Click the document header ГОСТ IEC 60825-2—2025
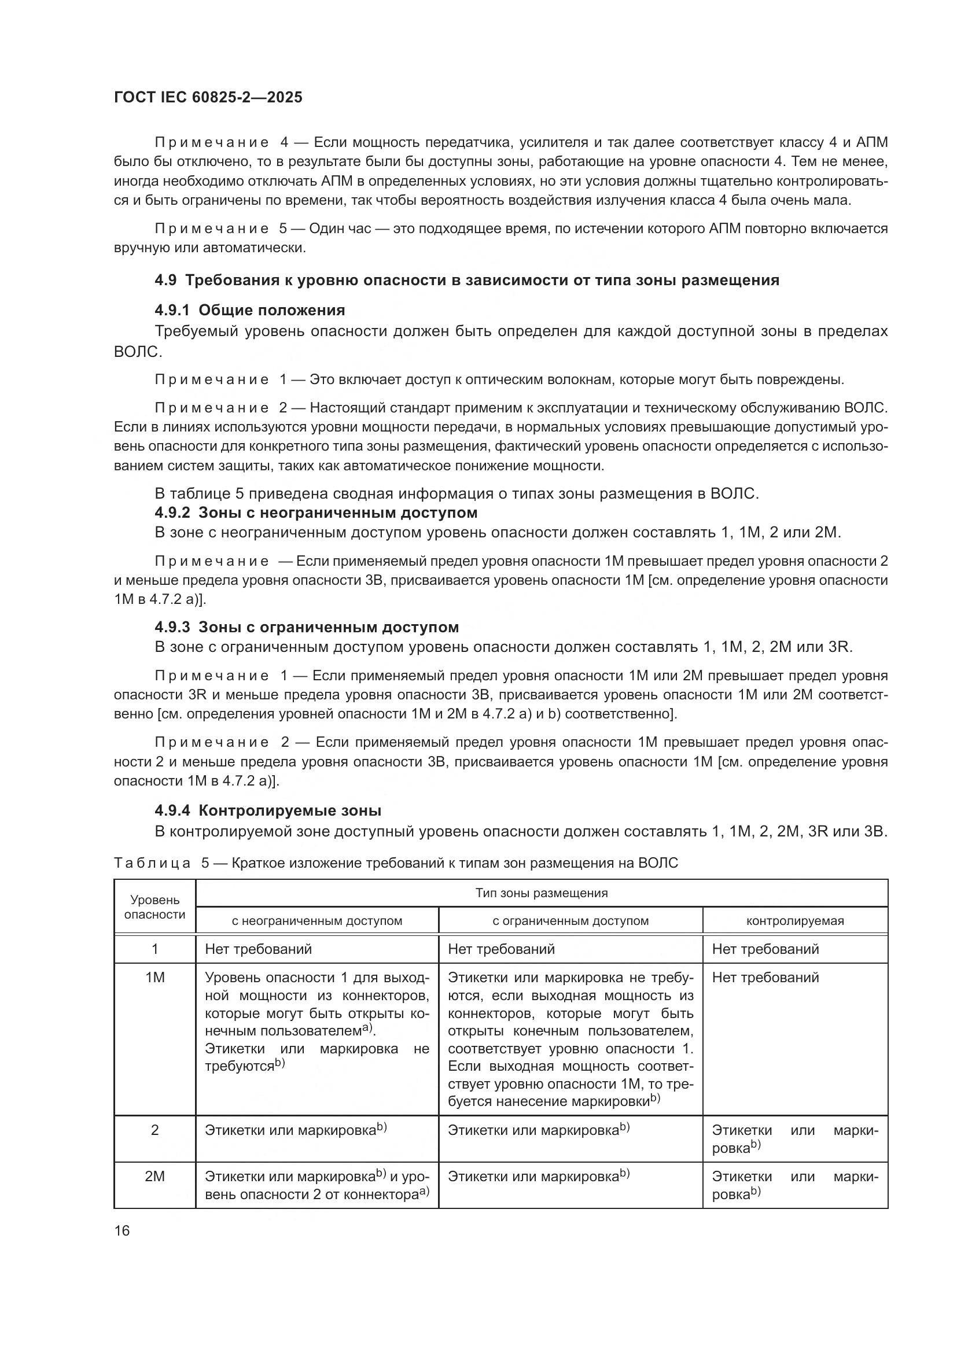pos(208,98)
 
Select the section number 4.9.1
pos(172,310)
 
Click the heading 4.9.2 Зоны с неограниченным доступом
pos(316,513)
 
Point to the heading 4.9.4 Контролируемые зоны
pos(268,810)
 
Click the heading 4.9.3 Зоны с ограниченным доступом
pos(307,627)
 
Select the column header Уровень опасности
pos(154,907)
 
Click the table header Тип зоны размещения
pos(541,893)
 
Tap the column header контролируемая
pos(794,920)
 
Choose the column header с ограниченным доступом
pos(570,920)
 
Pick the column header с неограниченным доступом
pos(316,920)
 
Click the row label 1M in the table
pos(154,978)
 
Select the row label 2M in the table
pos(154,1176)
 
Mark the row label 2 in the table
pos(154,1130)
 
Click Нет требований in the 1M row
pos(765,978)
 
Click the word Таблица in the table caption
pos(152,863)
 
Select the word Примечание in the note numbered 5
pos(211,228)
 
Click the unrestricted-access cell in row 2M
pos(316,1185)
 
